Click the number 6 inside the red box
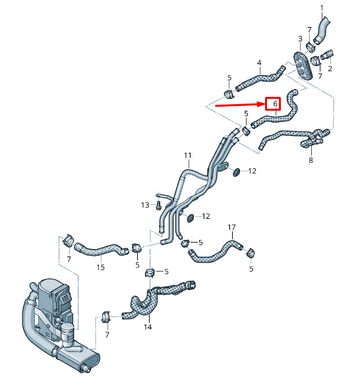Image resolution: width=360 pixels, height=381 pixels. (x=275, y=103)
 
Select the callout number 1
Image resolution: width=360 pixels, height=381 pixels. (x=322, y=9)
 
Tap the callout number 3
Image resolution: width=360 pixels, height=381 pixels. (x=300, y=39)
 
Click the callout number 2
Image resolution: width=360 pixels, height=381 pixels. (x=330, y=69)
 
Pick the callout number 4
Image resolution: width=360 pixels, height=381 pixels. (x=259, y=63)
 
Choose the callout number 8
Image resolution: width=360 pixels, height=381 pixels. (x=311, y=160)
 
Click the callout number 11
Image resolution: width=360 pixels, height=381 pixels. (x=188, y=156)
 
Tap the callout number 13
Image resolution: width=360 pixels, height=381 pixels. (x=145, y=205)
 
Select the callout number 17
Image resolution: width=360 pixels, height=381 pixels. (x=231, y=227)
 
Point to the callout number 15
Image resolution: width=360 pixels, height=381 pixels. (x=100, y=267)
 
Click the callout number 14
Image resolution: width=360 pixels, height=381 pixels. (x=148, y=327)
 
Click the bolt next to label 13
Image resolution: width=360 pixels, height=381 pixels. (x=158, y=205)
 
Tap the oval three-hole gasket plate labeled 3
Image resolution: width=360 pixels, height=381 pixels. (x=303, y=65)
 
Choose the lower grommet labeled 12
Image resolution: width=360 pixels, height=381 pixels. (x=190, y=218)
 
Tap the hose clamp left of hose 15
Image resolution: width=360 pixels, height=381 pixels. (x=69, y=240)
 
